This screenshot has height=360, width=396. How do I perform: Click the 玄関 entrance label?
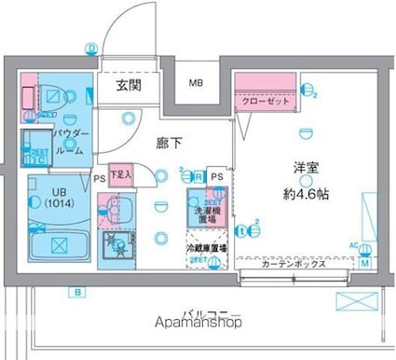pyautogui.click(x=128, y=86)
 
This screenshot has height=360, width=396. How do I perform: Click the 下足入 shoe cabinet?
pyautogui.click(x=120, y=174)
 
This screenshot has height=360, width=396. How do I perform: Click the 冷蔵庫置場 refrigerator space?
pyautogui.click(x=206, y=249)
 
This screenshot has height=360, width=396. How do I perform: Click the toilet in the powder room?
pyautogui.click(x=51, y=94)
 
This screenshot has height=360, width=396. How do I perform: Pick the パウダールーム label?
pyautogui.click(x=71, y=141)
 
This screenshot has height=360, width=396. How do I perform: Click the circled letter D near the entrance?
pyautogui.click(x=91, y=48)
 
